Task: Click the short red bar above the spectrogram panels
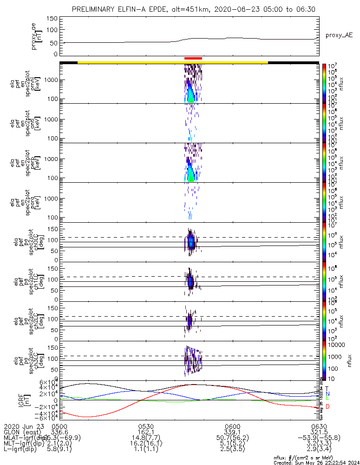tap(193, 58)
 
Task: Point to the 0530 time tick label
tap(146, 425)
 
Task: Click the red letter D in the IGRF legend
tap(328, 406)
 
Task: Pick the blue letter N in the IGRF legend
tap(327, 393)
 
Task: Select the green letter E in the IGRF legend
tap(327, 399)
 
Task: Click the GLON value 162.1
tap(146, 432)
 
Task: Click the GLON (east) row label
tap(20, 432)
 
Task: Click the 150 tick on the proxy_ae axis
tap(52, 18)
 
